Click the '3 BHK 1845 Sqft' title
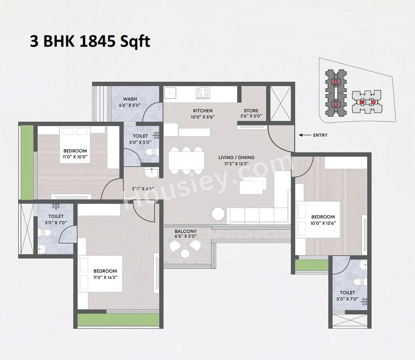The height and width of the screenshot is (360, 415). click(x=90, y=41)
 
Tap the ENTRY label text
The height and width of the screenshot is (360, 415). click(x=320, y=135)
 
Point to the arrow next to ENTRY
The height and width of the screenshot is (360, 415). click(x=304, y=135)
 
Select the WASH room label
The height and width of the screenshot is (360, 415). click(x=130, y=99)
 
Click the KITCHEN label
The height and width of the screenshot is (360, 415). click(x=203, y=110)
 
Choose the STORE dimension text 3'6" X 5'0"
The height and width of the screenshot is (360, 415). click(x=251, y=116)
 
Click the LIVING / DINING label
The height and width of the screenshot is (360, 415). click(x=236, y=157)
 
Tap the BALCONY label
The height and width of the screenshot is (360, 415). click(x=185, y=231)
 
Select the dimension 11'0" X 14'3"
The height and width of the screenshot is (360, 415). click(x=105, y=277)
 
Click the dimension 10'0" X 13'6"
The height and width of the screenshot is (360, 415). click(x=323, y=223)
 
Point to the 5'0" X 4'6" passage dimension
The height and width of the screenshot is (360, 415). click(x=143, y=189)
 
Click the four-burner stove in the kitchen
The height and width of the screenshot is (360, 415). click(x=203, y=93)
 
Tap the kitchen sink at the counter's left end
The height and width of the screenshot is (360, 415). click(x=170, y=93)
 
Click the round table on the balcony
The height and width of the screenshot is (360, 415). click(x=185, y=253)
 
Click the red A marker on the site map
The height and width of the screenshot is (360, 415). click(x=336, y=82)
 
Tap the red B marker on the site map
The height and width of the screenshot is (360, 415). click(x=336, y=104)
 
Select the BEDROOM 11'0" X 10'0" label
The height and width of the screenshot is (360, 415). click(x=75, y=151)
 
